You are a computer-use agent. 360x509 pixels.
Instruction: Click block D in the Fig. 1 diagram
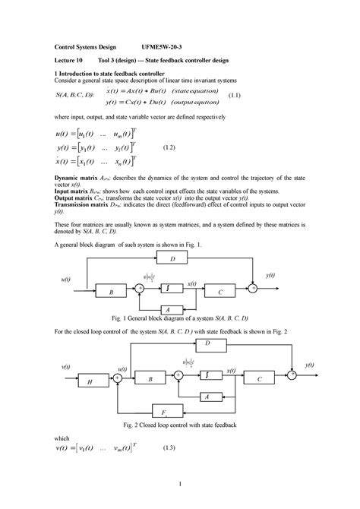[172, 260]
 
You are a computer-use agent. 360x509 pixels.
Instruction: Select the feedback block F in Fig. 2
[165, 413]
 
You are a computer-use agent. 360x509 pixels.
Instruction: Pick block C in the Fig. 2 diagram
[258, 379]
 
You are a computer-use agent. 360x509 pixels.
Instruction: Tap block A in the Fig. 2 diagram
[206, 397]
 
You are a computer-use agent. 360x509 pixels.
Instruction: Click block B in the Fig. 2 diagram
[151, 378]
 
